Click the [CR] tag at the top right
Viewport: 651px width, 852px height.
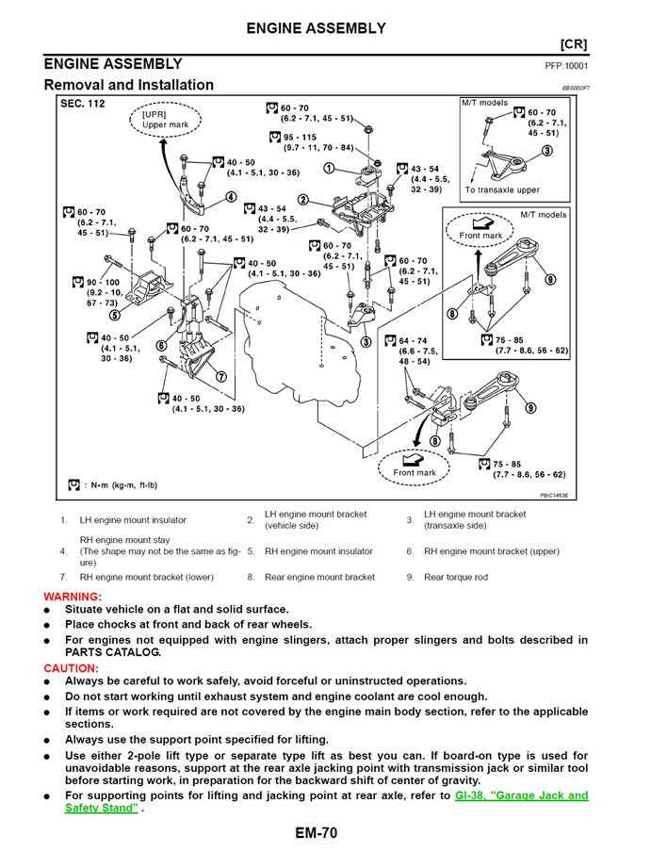(574, 44)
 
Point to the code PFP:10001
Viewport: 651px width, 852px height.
(566, 66)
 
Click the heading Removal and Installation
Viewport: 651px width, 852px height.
(129, 85)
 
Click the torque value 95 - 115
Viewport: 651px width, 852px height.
(313, 138)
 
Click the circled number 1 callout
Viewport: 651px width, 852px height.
(330, 168)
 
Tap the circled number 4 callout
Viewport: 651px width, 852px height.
(231, 198)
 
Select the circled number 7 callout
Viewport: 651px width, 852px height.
(220, 376)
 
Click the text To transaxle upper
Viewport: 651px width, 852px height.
(502, 189)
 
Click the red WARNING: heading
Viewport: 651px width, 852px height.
(73, 597)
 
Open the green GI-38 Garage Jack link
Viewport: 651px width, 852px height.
(521, 795)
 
